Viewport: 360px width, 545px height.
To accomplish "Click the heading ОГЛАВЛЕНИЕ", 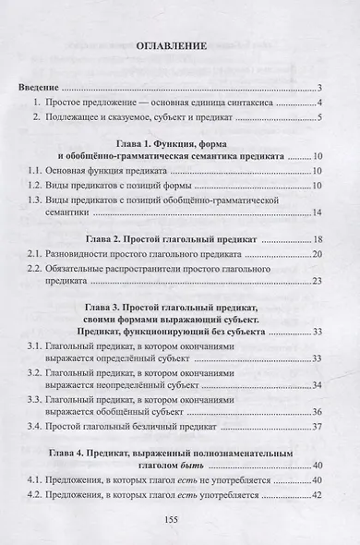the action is click(180, 45).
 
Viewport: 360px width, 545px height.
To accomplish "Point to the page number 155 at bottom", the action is click(181, 521).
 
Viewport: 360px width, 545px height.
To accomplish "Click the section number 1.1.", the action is click(29, 172).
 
